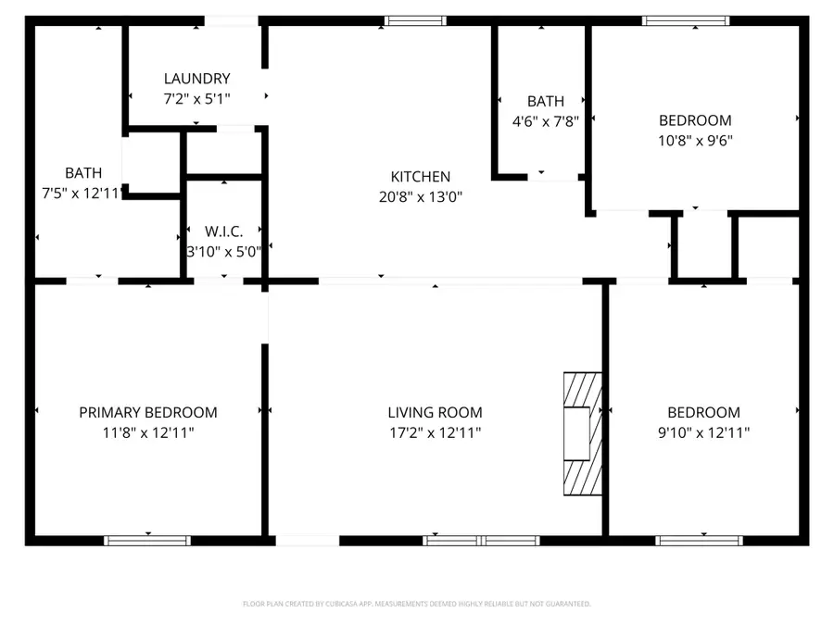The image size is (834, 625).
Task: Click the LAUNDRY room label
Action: [x=196, y=79]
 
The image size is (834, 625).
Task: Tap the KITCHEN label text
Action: [x=420, y=177]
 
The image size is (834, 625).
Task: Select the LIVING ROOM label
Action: [x=435, y=413]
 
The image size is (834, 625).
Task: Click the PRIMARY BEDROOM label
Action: [x=148, y=413]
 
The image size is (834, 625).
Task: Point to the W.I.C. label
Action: [x=223, y=231]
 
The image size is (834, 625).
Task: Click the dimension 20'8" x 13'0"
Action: [x=420, y=196]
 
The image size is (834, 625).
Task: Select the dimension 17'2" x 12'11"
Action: [x=435, y=432]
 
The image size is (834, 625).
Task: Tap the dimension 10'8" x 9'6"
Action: [x=695, y=140]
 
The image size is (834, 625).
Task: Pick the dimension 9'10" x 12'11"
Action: [x=704, y=432]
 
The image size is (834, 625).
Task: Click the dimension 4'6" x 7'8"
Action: [x=546, y=120]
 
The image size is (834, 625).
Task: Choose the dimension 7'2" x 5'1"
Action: [x=196, y=98]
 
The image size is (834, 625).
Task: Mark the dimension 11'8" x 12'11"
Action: [x=148, y=432]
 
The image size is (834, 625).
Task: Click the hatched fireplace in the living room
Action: [x=583, y=435]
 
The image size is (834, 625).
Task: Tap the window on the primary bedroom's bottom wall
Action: [x=147, y=540]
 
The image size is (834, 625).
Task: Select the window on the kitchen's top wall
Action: [x=415, y=20]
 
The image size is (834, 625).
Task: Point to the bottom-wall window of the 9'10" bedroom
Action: [x=699, y=540]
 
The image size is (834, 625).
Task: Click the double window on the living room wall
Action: [x=481, y=540]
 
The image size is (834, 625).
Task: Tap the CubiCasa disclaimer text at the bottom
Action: [x=416, y=604]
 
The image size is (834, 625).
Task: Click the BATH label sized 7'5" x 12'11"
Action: [x=83, y=173]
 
